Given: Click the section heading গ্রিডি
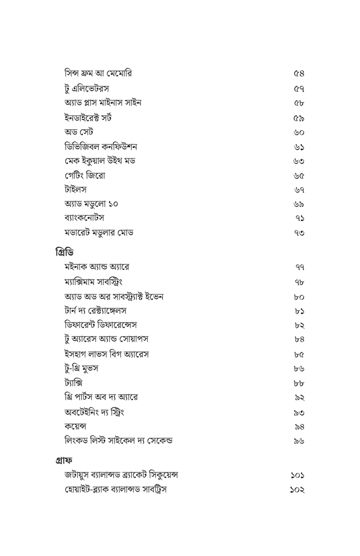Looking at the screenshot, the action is pyautogui.click(x=65, y=252).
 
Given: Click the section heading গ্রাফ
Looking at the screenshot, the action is pyautogui.click(x=66, y=460).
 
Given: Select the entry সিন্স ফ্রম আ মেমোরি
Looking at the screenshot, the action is pyautogui.click(x=98, y=73).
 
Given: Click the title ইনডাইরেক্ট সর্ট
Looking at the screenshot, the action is pyautogui.click(x=88, y=117).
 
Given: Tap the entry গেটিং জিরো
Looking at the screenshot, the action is pyautogui.click(x=85, y=175).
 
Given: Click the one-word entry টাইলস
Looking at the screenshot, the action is pyautogui.click(x=75, y=189).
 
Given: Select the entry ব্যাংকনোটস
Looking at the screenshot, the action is pyautogui.click(x=84, y=218).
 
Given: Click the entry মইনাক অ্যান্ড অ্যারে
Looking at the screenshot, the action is pyautogui.click(x=97, y=267).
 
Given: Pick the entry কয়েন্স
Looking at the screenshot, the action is pyautogui.click(x=75, y=426).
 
